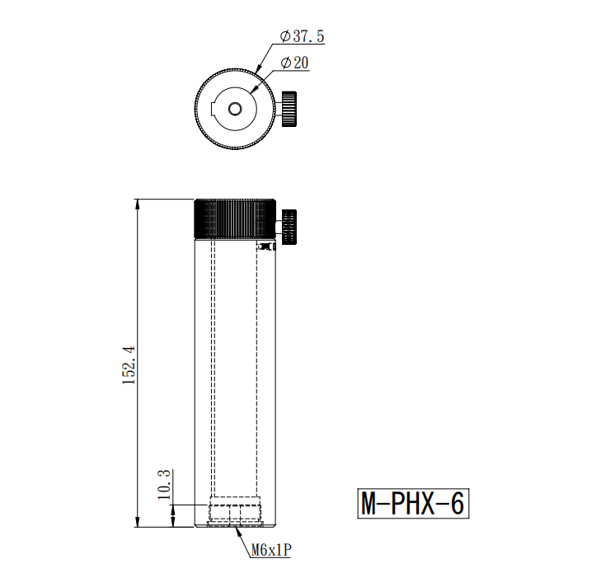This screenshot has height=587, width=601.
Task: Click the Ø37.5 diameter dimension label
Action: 302,36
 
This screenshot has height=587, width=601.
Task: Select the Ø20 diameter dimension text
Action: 294,63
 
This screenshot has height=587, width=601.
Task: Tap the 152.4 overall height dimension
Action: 129,365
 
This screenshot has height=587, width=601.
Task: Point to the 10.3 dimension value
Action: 164,485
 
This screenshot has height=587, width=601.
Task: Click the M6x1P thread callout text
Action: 271,550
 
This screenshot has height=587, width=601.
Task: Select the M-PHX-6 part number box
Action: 413,504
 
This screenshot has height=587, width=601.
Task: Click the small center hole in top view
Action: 235,109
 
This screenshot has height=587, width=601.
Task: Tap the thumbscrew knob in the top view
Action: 289,109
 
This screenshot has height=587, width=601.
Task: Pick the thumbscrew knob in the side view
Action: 289,227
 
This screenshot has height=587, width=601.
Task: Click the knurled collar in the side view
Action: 235,218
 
